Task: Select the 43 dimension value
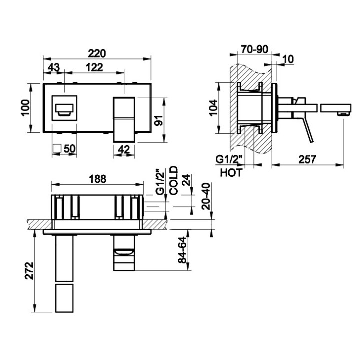coord(54,67)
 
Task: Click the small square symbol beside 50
coord(57,148)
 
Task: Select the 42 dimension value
coord(123,148)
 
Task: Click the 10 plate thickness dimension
coord(288,59)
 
